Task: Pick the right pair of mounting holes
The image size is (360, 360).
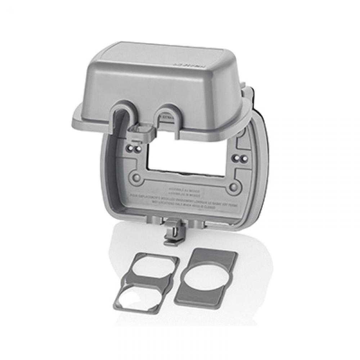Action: pyautogui.click(x=240, y=157)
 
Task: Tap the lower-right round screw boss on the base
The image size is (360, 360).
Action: pyautogui.click(x=234, y=186)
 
